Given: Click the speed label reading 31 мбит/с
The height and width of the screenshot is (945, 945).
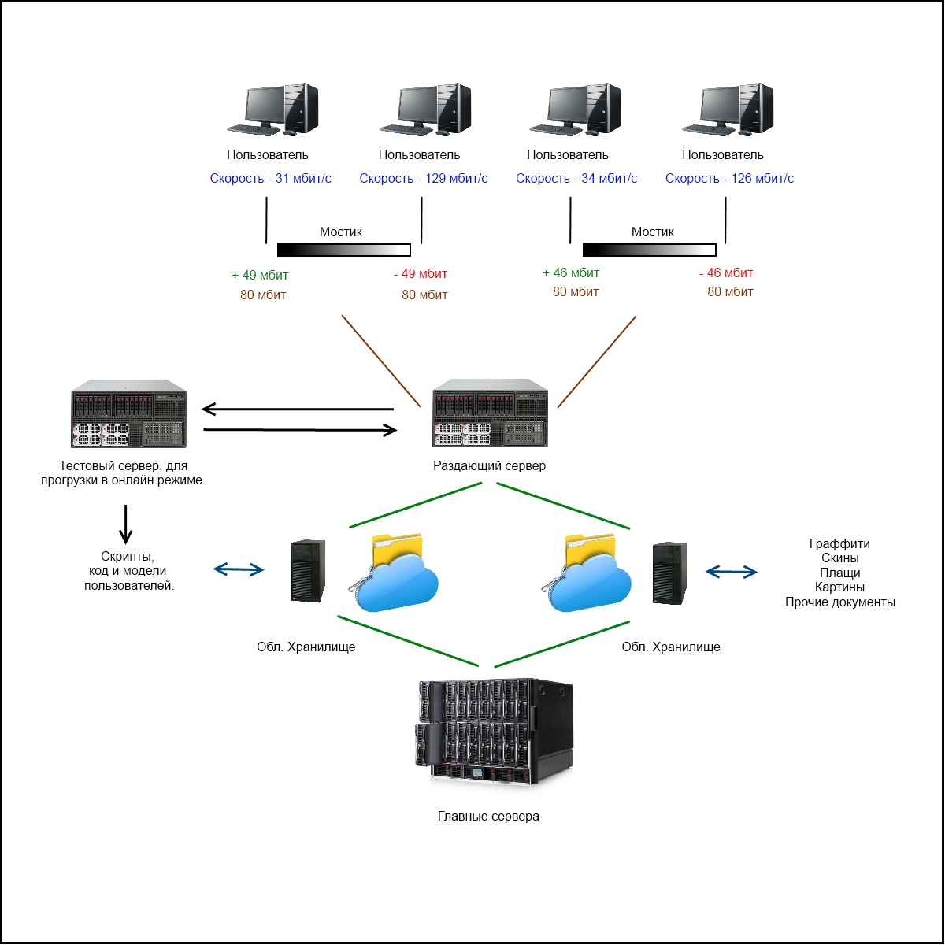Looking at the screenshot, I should click(x=270, y=179).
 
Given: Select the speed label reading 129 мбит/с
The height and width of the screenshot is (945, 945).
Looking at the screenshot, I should click(x=424, y=179).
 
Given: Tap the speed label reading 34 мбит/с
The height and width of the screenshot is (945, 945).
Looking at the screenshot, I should click(x=576, y=179).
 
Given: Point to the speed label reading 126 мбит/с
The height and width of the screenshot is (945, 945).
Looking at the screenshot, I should click(x=729, y=179).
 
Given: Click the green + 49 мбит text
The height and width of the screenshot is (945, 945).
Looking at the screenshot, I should click(x=260, y=276).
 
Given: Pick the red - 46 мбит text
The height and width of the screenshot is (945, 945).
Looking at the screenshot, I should click(x=726, y=273).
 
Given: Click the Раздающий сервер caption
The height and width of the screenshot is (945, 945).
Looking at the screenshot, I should click(x=489, y=466).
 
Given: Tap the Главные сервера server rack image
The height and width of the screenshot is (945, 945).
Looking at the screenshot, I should click(x=494, y=733).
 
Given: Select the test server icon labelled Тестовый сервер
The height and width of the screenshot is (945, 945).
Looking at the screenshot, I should click(x=128, y=414).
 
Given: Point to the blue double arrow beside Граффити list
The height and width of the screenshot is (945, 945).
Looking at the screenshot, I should click(x=731, y=572).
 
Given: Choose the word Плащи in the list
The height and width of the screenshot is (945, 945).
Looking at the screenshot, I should click(x=839, y=573).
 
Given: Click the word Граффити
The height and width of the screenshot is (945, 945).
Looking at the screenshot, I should click(x=839, y=544).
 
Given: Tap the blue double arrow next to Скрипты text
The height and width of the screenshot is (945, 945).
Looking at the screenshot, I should click(x=239, y=569).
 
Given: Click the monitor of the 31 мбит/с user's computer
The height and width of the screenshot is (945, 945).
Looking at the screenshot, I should click(x=264, y=104).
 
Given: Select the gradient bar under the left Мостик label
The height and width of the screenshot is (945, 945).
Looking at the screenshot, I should click(x=344, y=250).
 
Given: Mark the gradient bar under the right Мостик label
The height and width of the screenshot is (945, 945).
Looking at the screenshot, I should click(x=650, y=250).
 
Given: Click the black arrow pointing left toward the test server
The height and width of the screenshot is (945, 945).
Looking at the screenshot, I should click(x=298, y=409).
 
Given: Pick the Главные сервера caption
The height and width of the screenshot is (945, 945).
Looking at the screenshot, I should click(x=488, y=817).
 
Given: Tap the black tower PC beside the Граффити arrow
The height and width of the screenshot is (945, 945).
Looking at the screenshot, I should click(x=669, y=573).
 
